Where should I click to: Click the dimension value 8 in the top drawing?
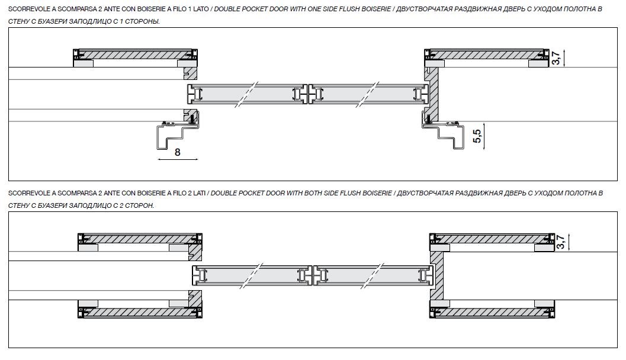coord(178,152)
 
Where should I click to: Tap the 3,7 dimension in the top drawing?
coord(556,58)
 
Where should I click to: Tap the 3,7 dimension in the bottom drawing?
coord(560,242)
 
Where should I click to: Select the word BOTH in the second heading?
coord(313,193)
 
